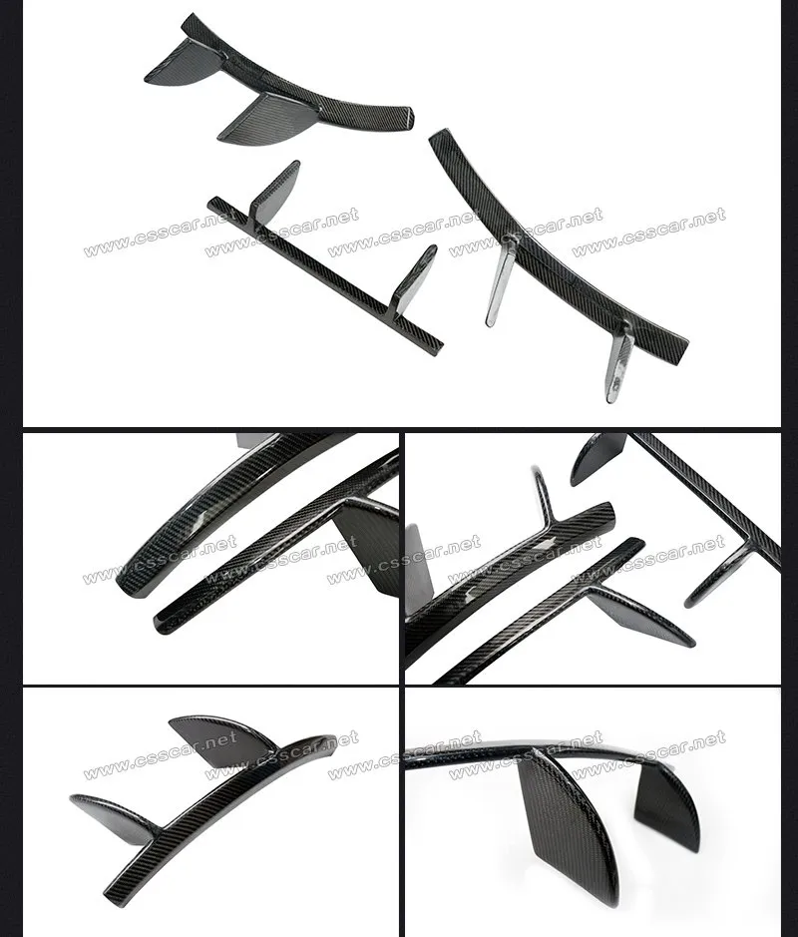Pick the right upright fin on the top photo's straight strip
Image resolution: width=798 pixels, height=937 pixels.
pos(413,278)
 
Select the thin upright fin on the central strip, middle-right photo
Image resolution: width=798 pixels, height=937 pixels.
pos(545,495)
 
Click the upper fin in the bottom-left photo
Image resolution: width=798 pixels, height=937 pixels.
pos(222,739)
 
